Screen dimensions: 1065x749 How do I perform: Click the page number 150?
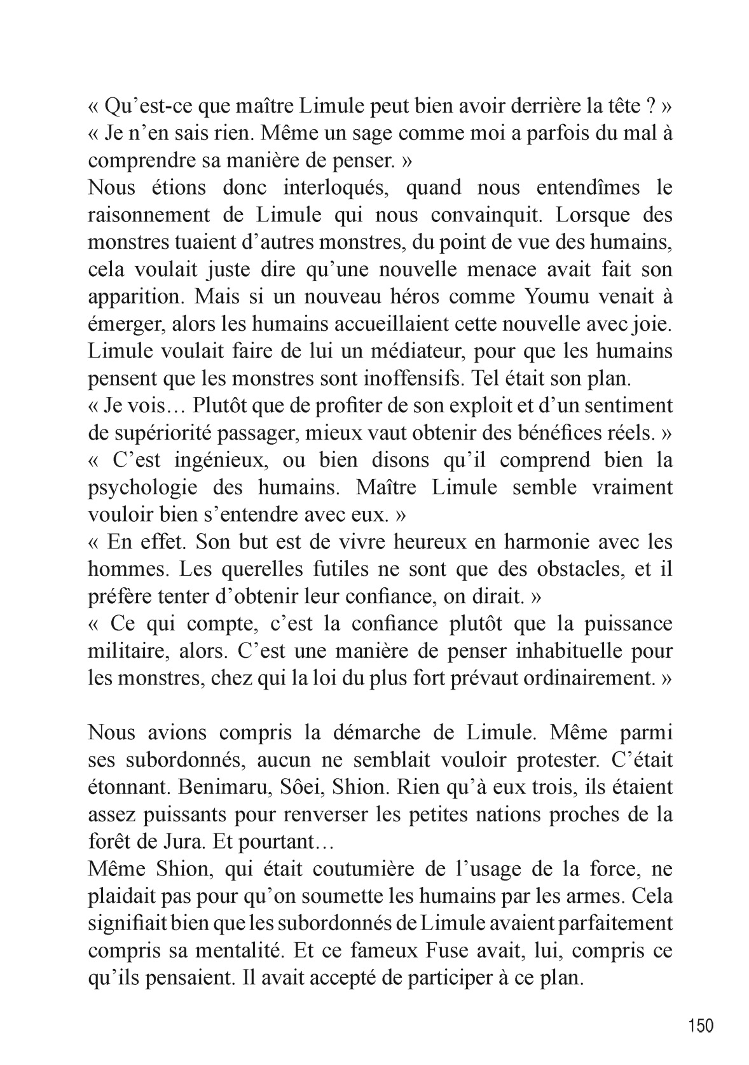pos(701,1025)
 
